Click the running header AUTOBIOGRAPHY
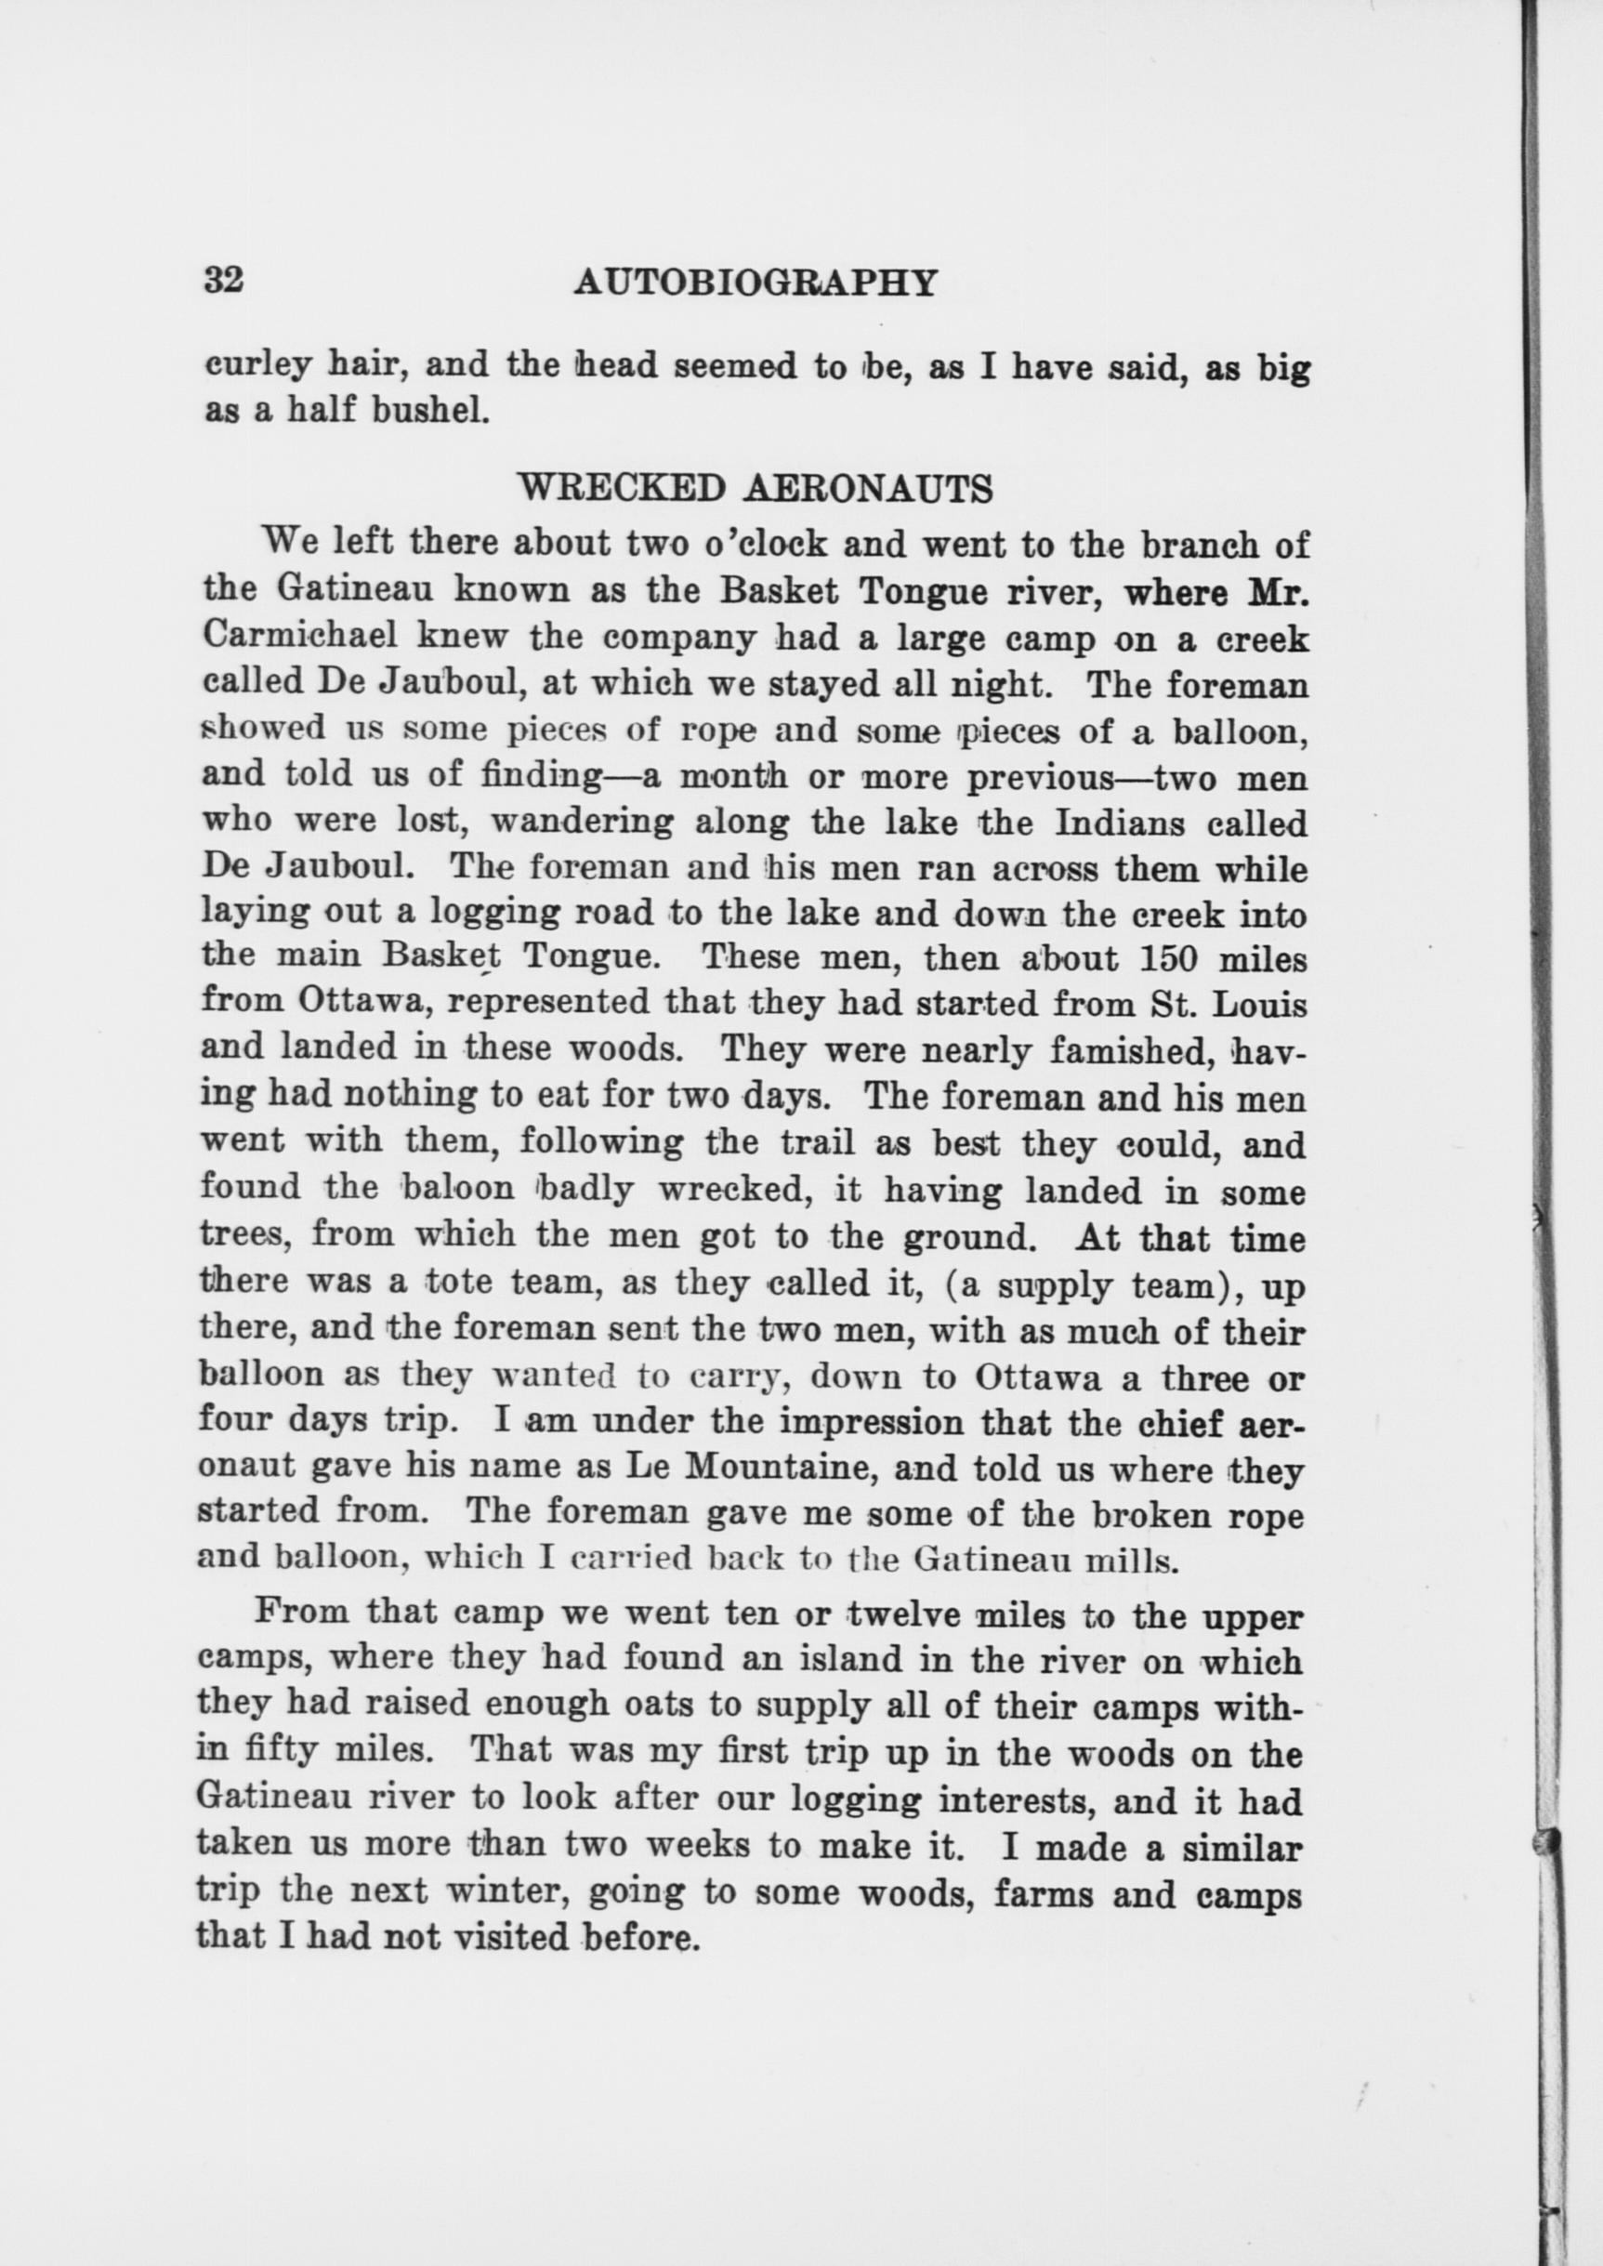click(x=756, y=283)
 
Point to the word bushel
click(x=430, y=411)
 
